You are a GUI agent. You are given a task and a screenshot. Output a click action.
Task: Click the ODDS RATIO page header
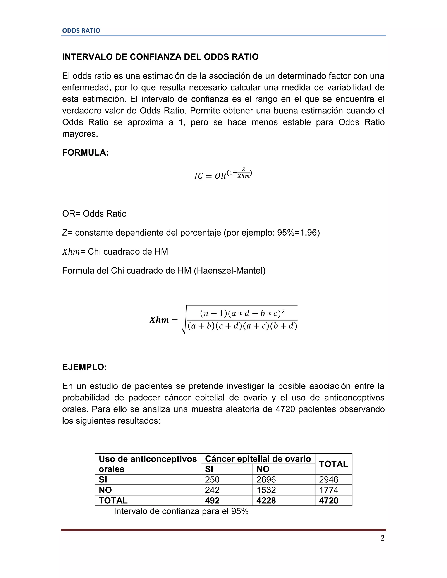(x=81, y=31)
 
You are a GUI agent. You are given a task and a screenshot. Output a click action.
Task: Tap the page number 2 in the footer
(x=382, y=538)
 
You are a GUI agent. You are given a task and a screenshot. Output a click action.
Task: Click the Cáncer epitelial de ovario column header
(x=258, y=459)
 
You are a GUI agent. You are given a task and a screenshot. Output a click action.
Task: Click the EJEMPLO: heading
(x=84, y=367)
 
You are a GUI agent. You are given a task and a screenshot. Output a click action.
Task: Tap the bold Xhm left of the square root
(x=159, y=320)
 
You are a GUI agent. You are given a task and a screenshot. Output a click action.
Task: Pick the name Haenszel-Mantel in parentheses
(x=230, y=270)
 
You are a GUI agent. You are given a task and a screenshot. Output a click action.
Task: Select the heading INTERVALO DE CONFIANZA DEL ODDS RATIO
(x=160, y=57)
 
